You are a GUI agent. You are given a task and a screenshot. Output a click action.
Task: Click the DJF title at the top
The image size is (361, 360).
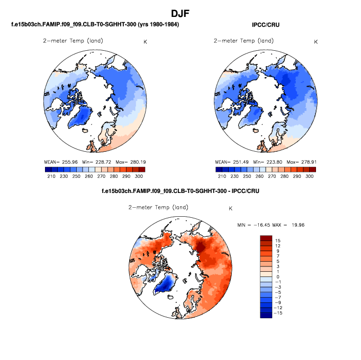click(x=180, y=13)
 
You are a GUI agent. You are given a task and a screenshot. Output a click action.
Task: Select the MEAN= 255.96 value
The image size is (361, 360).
click(x=60, y=161)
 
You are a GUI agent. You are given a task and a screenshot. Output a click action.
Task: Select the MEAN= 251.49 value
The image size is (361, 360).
click(x=231, y=161)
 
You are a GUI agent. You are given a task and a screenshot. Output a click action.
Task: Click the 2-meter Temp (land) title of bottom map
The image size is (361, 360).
click(x=158, y=207)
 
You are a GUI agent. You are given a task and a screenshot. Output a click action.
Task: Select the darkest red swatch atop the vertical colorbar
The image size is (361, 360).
click(x=265, y=239)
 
